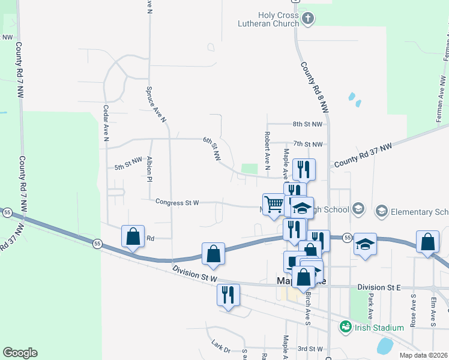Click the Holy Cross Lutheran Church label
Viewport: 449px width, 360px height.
pyautogui.click(x=278, y=19)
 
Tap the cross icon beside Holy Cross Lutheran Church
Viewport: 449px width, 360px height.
pyautogui.click(x=308, y=19)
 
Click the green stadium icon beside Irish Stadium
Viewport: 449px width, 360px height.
pyautogui.click(x=345, y=327)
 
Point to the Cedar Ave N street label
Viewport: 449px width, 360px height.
pyautogui.click(x=106, y=123)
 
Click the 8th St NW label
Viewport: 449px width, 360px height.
pyautogui.click(x=307, y=124)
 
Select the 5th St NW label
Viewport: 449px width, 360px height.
pyautogui.click(x=128, y=168)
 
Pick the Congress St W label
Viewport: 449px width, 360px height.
pyautogui.click(x=177, y=203)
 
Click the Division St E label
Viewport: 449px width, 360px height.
pyautogui.click(x=378, y=288)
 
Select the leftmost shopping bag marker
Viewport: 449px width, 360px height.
pyautogui.click(x=133, y=237)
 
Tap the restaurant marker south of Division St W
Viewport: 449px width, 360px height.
pyautogui.click(x=228, y=295)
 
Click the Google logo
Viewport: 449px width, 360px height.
pyautogui.click(x=20, y=353)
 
